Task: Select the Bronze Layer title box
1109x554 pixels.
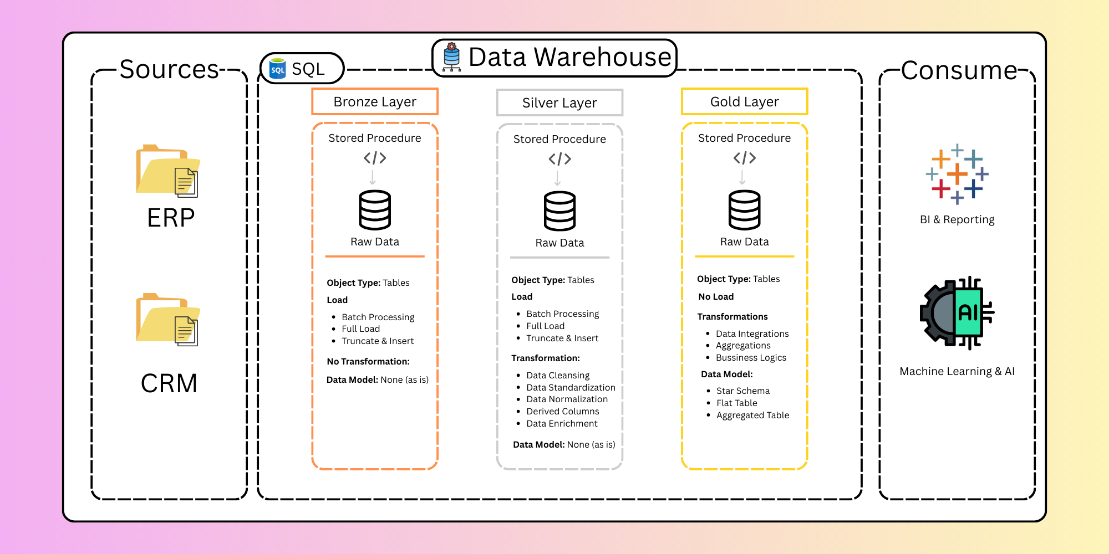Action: [x=375, y=102]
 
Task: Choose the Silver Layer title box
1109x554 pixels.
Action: [x=559, y=103]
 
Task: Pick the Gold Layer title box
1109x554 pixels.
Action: [x=744, y=102]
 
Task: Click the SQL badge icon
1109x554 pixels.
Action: [x=278, y=69]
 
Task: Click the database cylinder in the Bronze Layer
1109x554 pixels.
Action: [x=375, y=210]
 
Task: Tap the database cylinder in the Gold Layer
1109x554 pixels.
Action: [x=744, y=210]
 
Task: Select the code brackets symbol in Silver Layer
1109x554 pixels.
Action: [x=559, y=160]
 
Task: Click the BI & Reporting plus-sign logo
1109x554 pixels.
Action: [x=957, y=174]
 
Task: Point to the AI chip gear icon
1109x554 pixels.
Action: [x=957, y=313]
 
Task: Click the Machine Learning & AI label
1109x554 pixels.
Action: [x=957, y=371]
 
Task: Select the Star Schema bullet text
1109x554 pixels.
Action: [x=743, y=391]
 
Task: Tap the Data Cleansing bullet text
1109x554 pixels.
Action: [x=558, y=376]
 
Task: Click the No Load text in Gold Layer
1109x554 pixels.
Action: [x=716, y=297]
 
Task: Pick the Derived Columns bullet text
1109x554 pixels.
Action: [x=563, y=412]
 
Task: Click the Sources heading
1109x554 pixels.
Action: [x=169, y=70]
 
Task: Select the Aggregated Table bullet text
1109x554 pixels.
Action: [x=752, y=416]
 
